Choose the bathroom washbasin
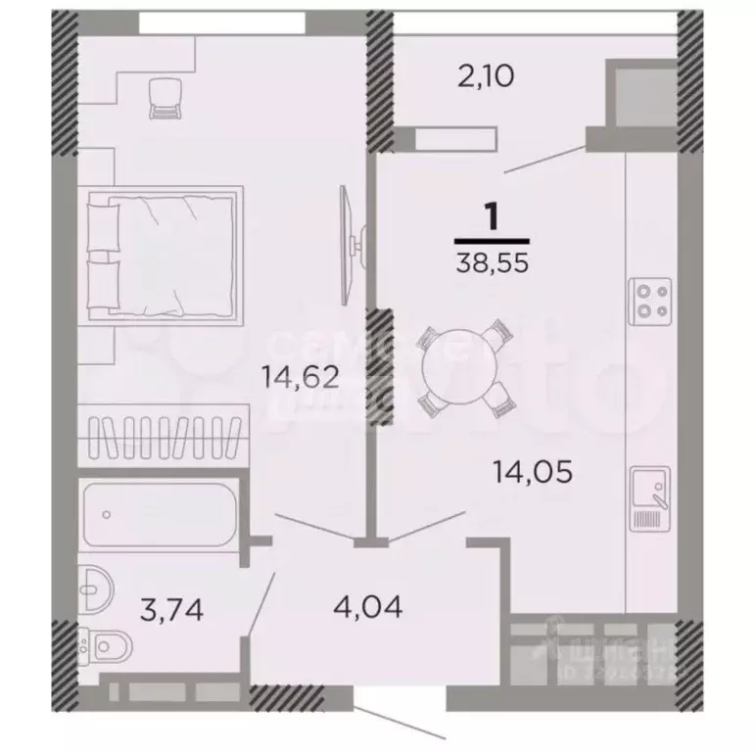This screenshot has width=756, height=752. coord(99,588)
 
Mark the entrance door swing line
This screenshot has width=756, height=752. coord(401,715)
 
